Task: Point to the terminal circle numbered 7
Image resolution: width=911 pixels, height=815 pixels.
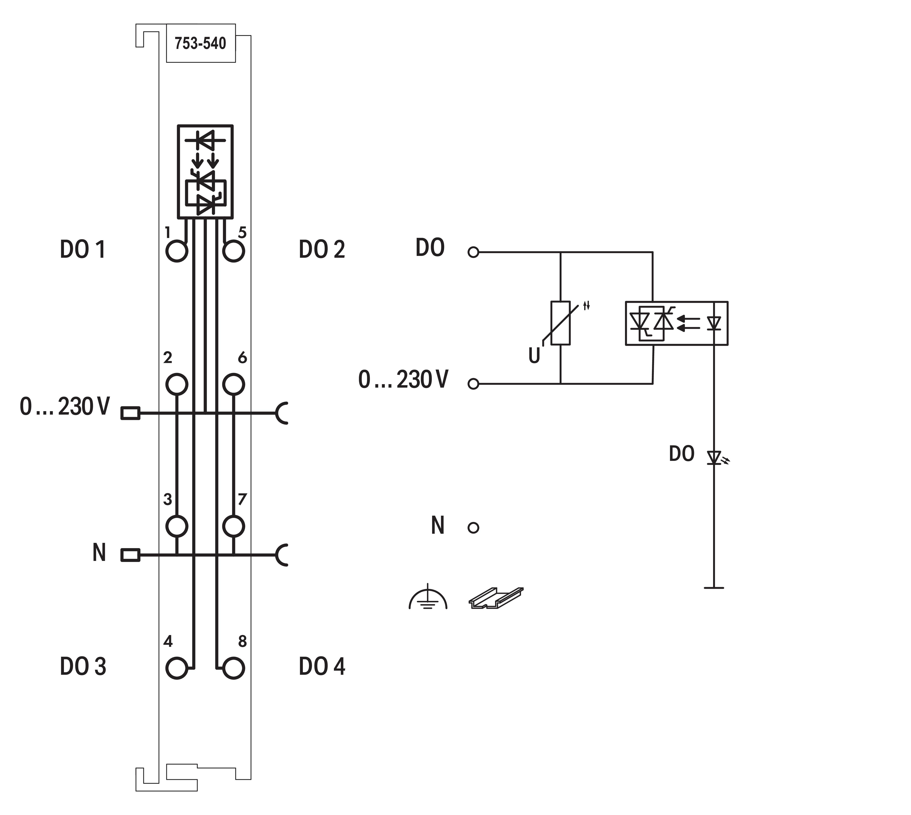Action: [x=233, y=526]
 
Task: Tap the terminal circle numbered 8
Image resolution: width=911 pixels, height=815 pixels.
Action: [x=233, y=668]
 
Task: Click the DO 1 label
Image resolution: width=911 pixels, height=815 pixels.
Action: [x=83, y=250]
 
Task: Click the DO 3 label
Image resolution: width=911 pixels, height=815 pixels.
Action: [x=83, y=666]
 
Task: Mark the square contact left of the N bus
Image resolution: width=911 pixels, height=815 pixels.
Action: [x=130, y=555]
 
